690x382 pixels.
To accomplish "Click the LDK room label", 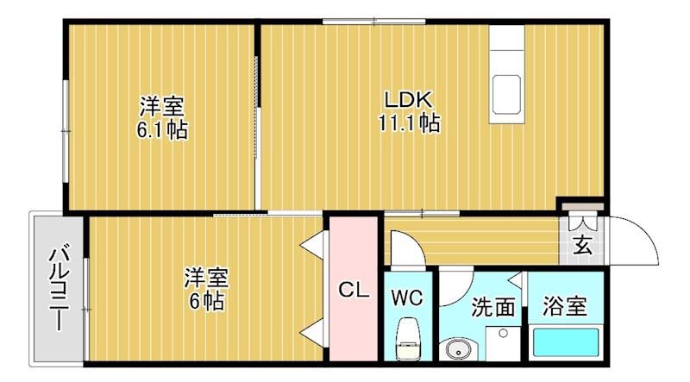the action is coord(409,100).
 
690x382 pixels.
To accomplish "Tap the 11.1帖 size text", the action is coord(409,122).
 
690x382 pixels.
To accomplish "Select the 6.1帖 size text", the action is coord(162,130).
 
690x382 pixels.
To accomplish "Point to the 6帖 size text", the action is coord(206,302).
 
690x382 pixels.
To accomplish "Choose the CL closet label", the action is coord(354,290).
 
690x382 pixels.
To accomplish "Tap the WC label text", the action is coord(407,298).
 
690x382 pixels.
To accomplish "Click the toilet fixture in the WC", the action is coord(407,338).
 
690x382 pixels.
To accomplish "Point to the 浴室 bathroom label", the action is coord(565,306).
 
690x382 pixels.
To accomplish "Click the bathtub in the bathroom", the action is coord(566,343).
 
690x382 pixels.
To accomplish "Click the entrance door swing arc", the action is coord(648,232).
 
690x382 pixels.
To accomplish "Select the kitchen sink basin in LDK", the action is coord(506,95).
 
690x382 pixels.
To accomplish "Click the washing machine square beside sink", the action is coord(503,344).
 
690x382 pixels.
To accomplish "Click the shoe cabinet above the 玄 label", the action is coord(583,206).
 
